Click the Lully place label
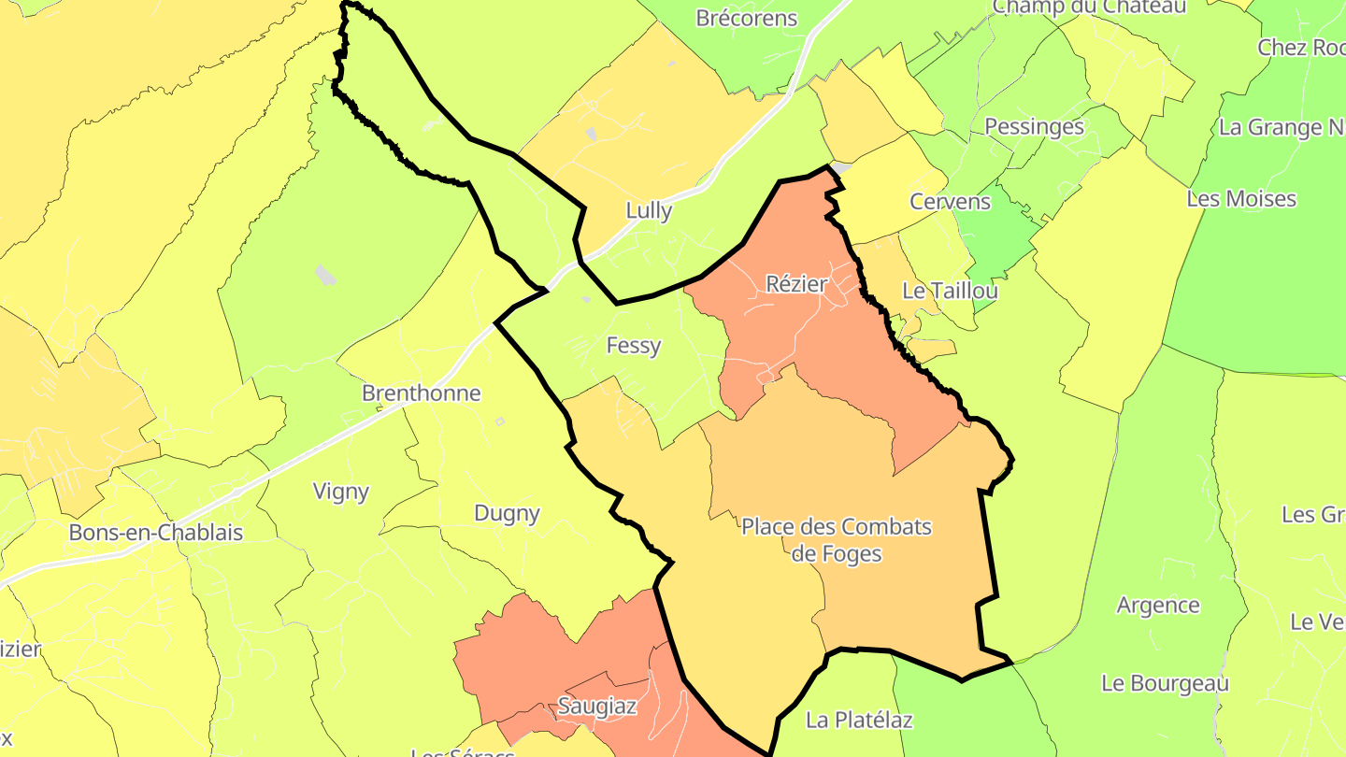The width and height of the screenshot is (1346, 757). point(649,211)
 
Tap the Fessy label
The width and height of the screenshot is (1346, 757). point(634,346)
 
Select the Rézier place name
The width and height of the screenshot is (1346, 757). point(796,284)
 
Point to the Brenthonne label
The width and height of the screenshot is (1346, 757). point(421,393)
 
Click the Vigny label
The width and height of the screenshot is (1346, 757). point(341,492)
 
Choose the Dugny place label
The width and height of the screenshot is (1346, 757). point(508,513)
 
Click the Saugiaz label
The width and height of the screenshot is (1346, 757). point(597,707)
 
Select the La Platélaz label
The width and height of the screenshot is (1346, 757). point(859,720)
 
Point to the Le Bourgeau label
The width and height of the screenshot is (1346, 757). point(1165,683)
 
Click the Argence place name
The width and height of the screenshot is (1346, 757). point(1158,606)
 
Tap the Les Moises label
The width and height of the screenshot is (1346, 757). point(1241,199)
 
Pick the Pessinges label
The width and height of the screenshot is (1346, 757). point(1035,127)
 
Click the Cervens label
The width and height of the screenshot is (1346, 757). point(951,202)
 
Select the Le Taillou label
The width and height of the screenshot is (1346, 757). point(950,291)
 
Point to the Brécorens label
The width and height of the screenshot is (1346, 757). point(747,19)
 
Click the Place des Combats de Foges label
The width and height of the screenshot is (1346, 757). point(837,540)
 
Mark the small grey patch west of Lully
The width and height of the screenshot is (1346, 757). point(325,275)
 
